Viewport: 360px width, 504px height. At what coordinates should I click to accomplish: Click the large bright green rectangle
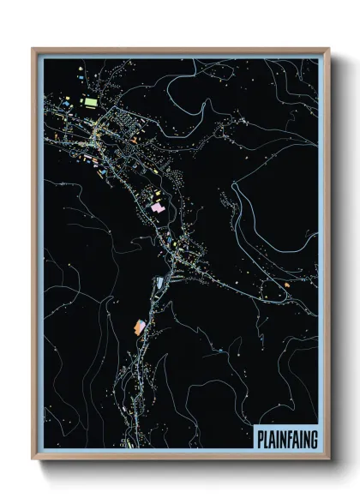click(89, 102)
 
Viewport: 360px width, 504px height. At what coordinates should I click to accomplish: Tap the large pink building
click(158, 207)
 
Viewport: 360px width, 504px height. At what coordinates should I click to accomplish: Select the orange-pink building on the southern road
click(139, 326)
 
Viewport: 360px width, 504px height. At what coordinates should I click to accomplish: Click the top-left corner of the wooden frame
click(33, 49)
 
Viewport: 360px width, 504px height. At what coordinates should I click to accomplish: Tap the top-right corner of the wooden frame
click(329, 49)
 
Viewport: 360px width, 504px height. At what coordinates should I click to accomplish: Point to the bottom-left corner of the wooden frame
click(33, 460)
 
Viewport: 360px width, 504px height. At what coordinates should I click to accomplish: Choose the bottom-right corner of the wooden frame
click(329, 460)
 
